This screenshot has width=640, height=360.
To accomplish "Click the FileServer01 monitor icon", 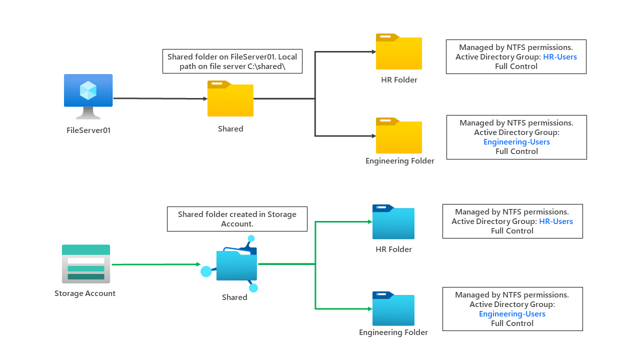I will pyautogui.click(x=88, y=95).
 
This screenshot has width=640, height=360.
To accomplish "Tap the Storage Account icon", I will pyautogui.click(x=86, y=264).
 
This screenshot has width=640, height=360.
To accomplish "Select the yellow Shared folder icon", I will pyautogui.click(x=230, y=99).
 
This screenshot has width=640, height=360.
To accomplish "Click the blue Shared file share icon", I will pyautogui.click(x=235, y=264).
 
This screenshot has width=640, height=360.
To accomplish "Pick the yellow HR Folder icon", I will pyautogui.click(x=399, y=52).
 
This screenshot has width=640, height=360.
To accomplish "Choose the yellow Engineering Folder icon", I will pyautogui.click(x=399, y=136).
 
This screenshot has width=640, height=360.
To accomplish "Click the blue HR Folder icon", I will pyautogui.click(x=393, y=222).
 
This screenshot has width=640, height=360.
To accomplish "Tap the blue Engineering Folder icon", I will pyautogui.click(x=393, y=309).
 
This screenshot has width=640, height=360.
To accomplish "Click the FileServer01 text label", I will pyautogui.click(x=88, y=130).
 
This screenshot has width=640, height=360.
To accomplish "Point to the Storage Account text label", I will pyautogui.click(x=85, y=293).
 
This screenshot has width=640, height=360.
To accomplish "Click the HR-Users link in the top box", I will pyautogui.click(x=560, y=57).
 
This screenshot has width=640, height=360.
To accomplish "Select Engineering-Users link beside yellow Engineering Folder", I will pyautogui.click(x=516, y=142).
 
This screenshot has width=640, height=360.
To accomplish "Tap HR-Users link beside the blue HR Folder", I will pyautogui.click(x=556, y=221).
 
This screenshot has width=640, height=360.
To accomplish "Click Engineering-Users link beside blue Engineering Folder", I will pyautogui.click(x=512, y=314).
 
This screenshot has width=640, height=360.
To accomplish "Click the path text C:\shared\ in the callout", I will pyautogui.click(x=266, y=66).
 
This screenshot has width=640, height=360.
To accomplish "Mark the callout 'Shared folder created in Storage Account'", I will pyautogui.click(x=237, y=219).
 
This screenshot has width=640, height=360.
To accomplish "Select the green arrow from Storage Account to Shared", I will pyautogui.click(x=155, y=264).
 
